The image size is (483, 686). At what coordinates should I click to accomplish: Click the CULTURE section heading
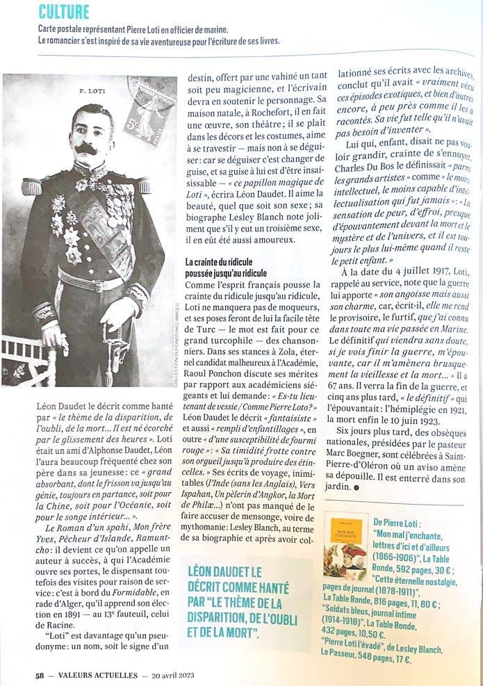coord(64,12)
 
